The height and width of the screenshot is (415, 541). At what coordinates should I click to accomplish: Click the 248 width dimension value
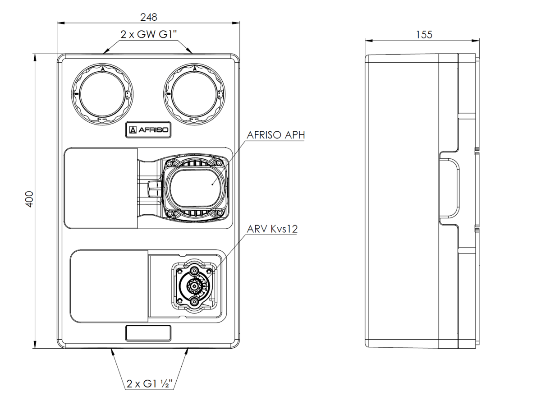click(148, 17)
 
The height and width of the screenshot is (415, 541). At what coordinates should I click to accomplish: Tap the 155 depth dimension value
click(424, 35)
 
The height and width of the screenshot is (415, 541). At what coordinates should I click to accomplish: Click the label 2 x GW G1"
click(148, 34)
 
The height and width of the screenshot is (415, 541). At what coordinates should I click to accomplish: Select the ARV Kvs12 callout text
click(272, 229)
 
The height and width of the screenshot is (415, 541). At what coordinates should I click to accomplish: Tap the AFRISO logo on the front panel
click(148, 130)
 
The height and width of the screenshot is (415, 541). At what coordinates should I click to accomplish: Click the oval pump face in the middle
click(195, 184)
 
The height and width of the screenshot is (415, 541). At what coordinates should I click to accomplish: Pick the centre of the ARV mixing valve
click(194, 286)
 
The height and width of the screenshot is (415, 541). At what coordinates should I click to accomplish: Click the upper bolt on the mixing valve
click(194, 271)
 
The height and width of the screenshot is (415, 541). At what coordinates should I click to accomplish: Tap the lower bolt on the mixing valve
click(194, 301)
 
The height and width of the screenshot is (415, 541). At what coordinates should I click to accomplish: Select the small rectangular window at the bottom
click(148, 333)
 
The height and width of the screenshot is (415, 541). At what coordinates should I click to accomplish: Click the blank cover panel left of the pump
click(101, 188)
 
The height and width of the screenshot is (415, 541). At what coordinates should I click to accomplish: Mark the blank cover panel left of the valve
click(110, 286)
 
